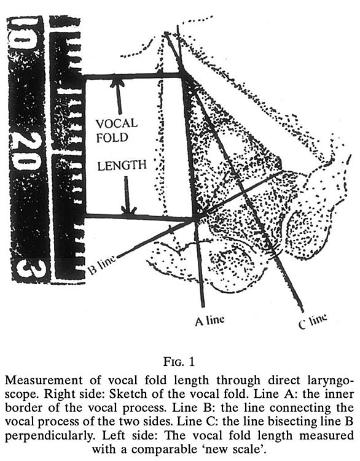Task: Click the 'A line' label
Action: (209, 320)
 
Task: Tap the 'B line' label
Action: (102, 265)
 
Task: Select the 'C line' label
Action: (313, 321)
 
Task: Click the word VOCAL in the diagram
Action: (117, 123)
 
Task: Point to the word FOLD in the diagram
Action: (112, 138)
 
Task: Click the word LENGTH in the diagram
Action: (122, 166)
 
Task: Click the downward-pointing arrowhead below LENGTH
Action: (129, 211)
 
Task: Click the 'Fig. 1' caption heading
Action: (179, 362)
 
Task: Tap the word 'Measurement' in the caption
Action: (44, 380)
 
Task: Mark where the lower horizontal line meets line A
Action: (195, 219)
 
